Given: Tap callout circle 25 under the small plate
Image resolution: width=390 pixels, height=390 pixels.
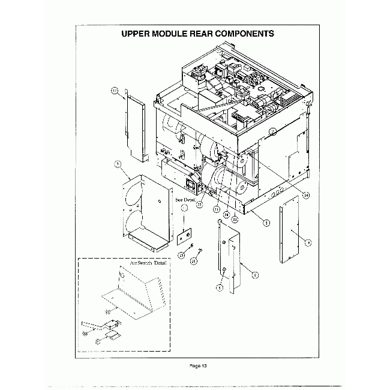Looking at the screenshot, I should pyautogui.click(x=181, y=255).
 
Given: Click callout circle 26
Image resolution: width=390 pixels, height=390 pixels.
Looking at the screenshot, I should pyautogui.click(x=194, y=261).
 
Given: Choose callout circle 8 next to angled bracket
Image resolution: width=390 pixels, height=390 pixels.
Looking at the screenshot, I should pyautogui.click(x=256, y=274).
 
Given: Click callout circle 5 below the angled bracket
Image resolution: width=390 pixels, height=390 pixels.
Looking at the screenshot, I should pyautogui.click(x=219, y=287).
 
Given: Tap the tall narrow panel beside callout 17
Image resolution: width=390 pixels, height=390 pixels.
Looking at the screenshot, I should pyautogui.click(x=136, y=129).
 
